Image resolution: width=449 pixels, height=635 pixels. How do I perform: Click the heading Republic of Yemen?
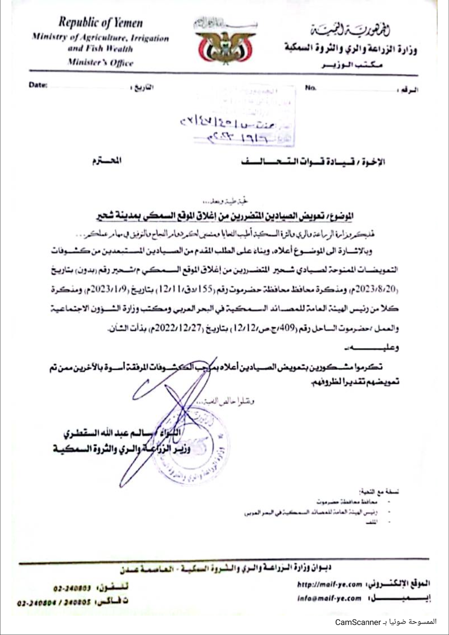coord(100,23)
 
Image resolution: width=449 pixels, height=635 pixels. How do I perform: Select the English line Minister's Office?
coord(100,63)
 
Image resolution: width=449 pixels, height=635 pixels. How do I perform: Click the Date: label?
coord(38,85)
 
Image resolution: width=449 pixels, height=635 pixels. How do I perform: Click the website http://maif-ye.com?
coord(329,585)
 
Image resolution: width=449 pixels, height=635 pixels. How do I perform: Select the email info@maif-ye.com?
coord(329,598)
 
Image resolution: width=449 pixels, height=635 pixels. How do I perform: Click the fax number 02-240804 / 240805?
coord(54,602)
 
